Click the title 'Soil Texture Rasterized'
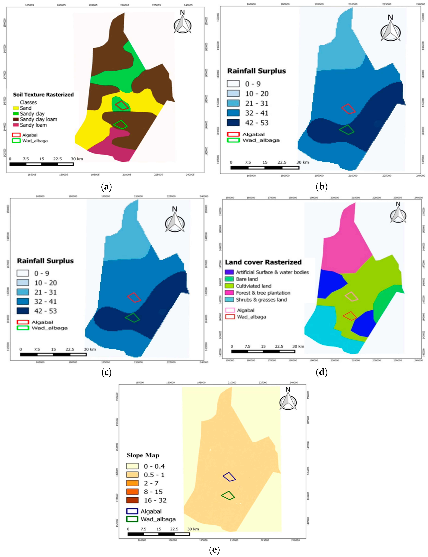(43, 95)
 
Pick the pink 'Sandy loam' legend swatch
(16, 125)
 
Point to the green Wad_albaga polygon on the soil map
(120, 125)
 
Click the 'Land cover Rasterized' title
(263, 262)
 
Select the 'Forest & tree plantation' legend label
(263, 293)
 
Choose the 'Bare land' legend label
(247, 279)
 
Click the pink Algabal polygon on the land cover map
(352, 296)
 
